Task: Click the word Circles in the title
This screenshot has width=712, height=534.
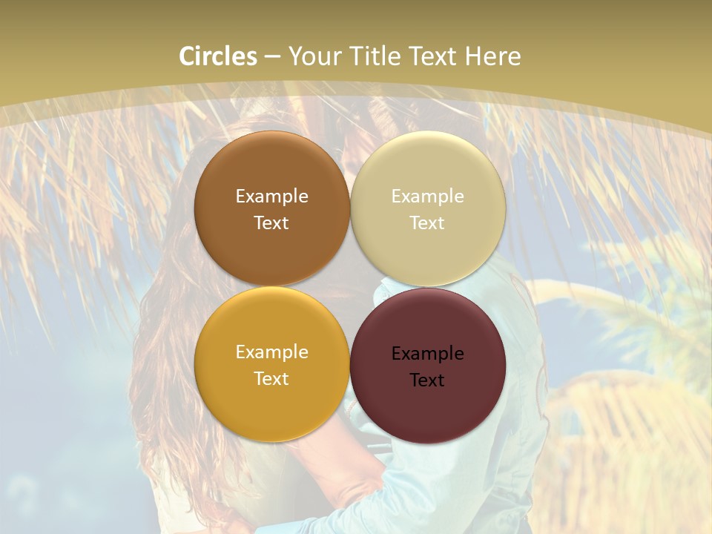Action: point(218,56)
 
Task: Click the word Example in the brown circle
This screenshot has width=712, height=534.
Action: point(272,197)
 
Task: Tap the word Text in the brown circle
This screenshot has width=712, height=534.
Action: point(272,223)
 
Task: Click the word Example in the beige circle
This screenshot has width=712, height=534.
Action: point(428,197)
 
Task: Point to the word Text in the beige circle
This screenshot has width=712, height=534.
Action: point(428,223)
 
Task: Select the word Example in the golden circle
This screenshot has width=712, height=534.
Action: point(272,352)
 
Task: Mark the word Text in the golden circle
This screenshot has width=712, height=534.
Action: point(272,379)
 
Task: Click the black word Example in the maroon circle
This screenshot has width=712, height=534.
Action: point(428,354)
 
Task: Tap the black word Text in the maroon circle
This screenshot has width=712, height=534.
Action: point(428,380)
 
